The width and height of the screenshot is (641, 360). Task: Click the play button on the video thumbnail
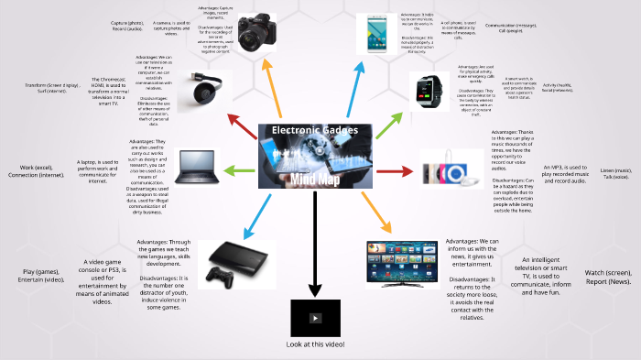click(315, 318)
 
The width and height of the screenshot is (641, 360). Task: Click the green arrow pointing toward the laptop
click(235, 170)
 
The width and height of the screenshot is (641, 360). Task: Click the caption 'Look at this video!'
click(315, 344)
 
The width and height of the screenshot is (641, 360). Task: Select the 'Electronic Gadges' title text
click(314, 130)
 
